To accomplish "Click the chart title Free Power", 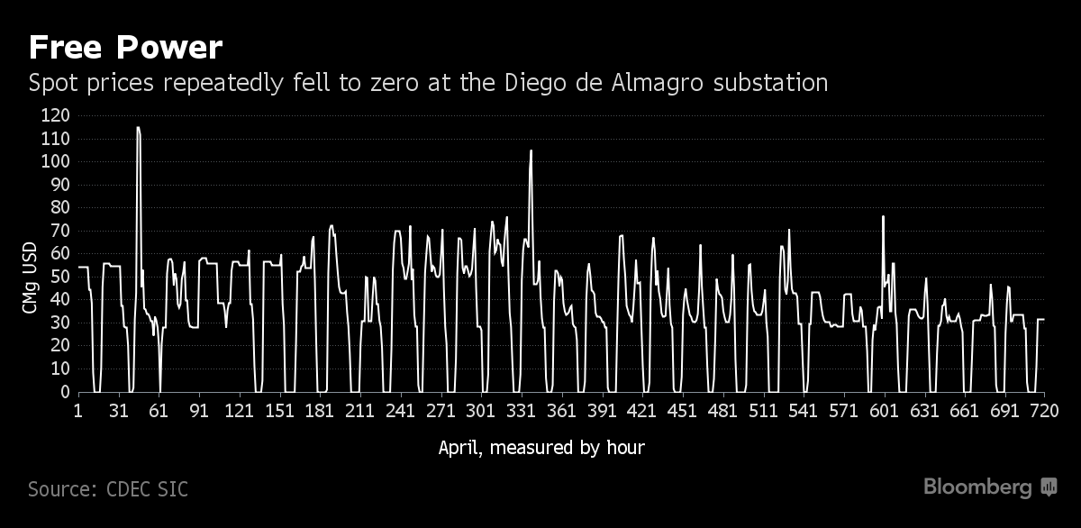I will tap(125, 47).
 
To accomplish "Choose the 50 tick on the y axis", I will tap(59, 277).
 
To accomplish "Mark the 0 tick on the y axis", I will tap(64, 392).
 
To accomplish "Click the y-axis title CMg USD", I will tap(31, 277).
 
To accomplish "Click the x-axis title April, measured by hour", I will tap(541, 447).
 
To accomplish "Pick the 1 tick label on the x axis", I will tap(78, 411).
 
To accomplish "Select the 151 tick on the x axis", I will tap(281, 411).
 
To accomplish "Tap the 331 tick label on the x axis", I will tap(522, 411).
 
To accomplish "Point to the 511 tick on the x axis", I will tap(764, 411).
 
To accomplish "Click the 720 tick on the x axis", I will tap(1044, 411).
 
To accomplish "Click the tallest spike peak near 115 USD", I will tap(138, 128).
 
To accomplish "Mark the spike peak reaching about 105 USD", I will tap(531, 151).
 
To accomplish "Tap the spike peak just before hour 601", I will tap(883, 216).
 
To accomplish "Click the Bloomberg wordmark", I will tap(977, 487).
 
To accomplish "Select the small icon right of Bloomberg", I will tap(1049, 487).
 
